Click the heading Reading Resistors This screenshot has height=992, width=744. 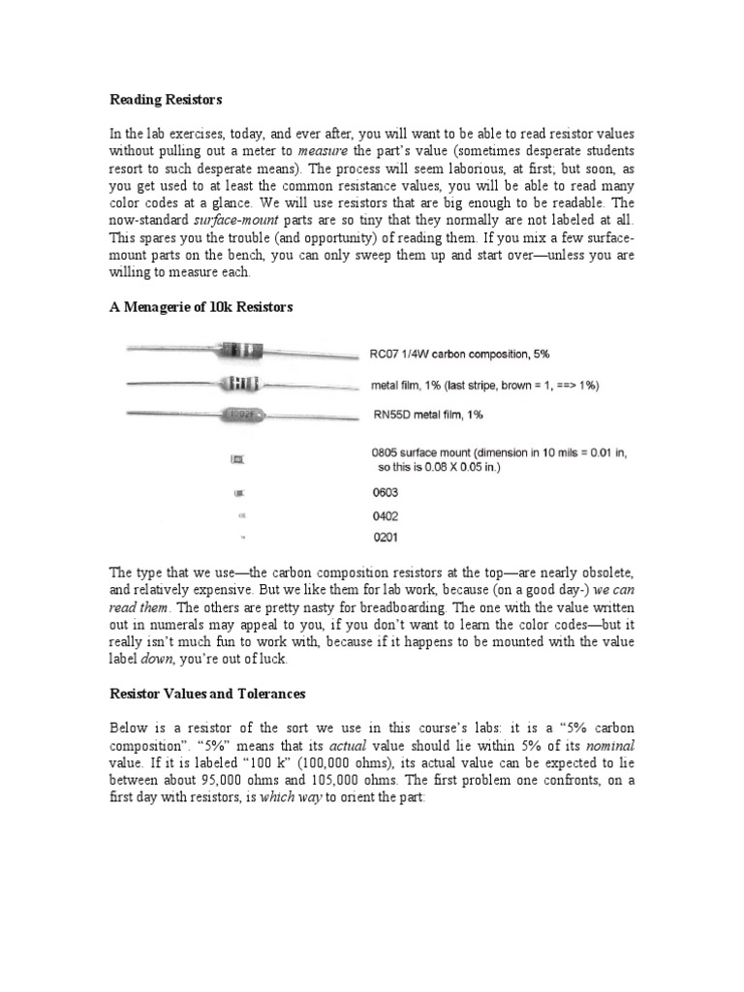[166, 100]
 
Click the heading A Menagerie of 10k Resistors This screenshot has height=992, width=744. [201, 307]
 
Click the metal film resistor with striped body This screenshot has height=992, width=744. [240, 385]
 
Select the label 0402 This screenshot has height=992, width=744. [384, 516]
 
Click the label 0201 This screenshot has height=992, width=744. [384, 539]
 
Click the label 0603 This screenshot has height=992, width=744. [384, 493]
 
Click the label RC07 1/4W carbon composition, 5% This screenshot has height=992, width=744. [459, 354]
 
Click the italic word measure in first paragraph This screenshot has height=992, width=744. [324, 151]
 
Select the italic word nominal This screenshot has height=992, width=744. [612, 746]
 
